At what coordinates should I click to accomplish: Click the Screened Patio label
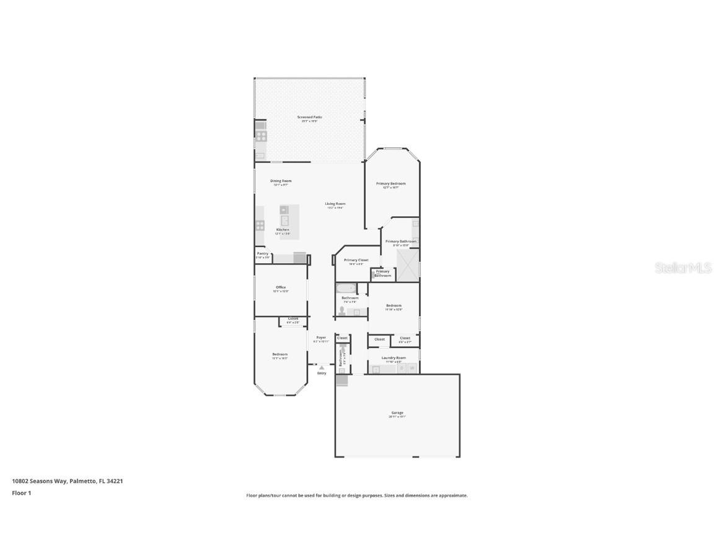pyautogui.click(x=309, y=117)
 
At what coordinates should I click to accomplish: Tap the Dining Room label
pyautogui.click(x=281, y=181)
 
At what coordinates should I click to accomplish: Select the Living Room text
pyautogui.click(x=335, y=204)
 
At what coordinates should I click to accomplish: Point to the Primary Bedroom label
pyautogui.click(x=390, y=183)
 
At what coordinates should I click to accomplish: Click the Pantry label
pyautogui.click(x=262, y=253)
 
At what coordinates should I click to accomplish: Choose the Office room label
pyautogui.click(x=281, y=287)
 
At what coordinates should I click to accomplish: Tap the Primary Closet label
pyautogui.click(x=356, y=260)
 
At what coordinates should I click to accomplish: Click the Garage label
pyautogui.click(x=397, y=412)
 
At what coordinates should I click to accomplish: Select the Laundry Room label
pyautogui.click(x=394, y=357)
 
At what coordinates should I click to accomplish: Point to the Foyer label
pyautogui.click(x=320, y=337)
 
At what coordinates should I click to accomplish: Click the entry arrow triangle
pyautogui.click(x=321, y=368)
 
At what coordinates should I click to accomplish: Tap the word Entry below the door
pyautogui.click(x=322, y=373)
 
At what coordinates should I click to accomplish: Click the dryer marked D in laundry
pyautogui.click(x=401, y=368)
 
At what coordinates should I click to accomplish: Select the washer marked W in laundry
pyautogui.click(x=412, y=368)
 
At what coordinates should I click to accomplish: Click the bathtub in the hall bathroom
pyautogui.click(x=345, y=288)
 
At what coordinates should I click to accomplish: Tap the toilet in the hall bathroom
pyautogui.click(x=342, y=310)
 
